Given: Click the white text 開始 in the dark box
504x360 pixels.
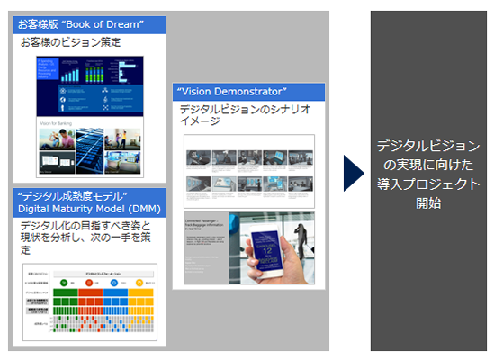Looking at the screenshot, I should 427,202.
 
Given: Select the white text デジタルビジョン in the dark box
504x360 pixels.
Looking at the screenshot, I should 427,146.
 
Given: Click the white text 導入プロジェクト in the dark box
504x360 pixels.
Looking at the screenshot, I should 427,184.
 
